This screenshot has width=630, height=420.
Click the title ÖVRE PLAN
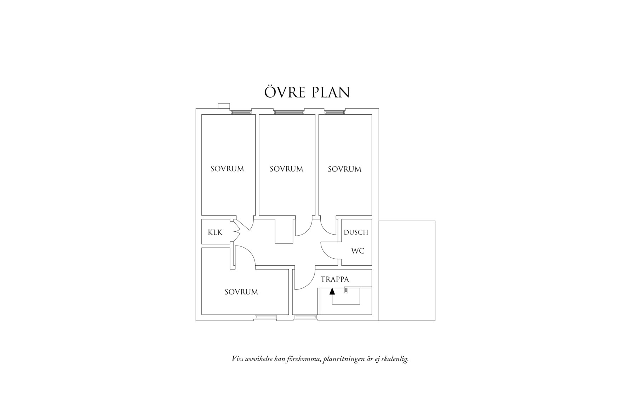307,92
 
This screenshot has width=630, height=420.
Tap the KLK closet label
215,232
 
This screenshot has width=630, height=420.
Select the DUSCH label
356,232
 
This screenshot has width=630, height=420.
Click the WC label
357,251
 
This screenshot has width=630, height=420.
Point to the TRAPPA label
334,280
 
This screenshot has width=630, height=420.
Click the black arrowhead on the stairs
332,292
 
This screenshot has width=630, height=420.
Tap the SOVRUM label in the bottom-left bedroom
241,292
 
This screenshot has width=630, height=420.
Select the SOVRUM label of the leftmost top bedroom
227,169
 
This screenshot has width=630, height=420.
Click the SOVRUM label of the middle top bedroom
286,169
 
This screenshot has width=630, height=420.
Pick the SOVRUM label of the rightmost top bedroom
344,169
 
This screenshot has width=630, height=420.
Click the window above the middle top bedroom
289,113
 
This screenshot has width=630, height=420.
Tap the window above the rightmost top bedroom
335,113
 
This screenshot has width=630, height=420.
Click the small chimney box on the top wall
224,106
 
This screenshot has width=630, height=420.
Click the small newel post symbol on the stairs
346,290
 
